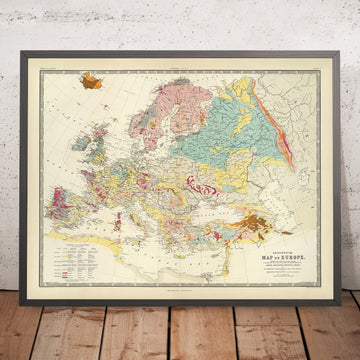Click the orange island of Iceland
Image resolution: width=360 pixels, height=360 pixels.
(x=98, y=79)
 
